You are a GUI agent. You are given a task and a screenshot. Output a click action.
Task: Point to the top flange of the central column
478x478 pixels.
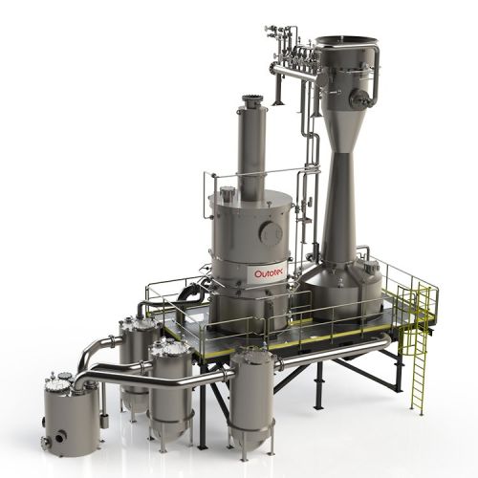click(253, 99)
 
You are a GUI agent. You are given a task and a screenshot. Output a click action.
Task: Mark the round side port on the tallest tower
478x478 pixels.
click(361, 97)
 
